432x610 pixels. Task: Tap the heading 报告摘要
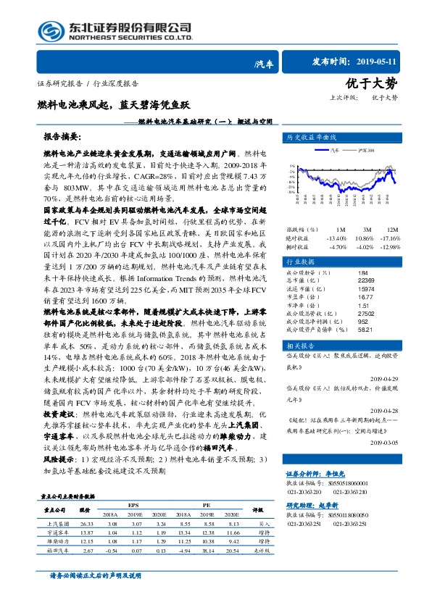(63, 136)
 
